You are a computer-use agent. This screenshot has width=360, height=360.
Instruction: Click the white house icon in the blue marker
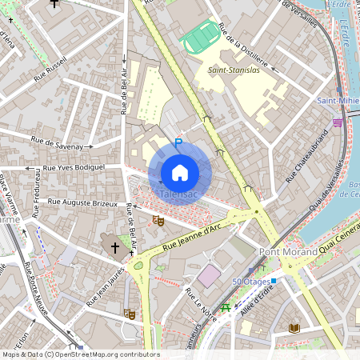180,173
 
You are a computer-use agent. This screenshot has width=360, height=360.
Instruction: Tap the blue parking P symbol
178,144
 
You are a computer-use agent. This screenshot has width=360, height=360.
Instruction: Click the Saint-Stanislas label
233,70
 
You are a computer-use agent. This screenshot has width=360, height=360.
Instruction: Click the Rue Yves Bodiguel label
74,168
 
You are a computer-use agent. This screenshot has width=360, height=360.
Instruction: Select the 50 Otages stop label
251,282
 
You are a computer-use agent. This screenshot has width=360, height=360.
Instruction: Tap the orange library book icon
294,328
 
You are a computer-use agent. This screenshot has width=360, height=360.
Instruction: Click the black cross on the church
114,248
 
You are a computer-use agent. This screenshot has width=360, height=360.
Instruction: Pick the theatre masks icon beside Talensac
158,218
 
